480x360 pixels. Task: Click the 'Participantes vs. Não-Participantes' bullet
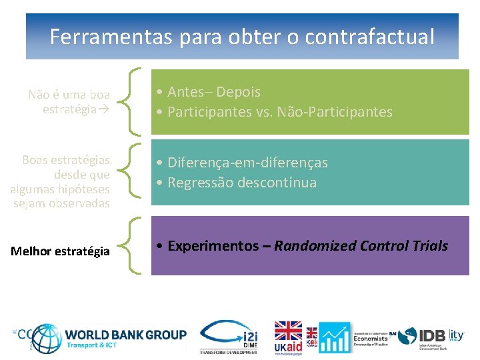click(280, 112)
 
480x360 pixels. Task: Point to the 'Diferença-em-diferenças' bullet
click(247, 163)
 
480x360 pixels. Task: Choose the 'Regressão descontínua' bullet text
click(242, 183)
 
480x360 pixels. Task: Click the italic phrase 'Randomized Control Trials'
click(361, 246)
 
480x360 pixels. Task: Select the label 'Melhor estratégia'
click(61, 251)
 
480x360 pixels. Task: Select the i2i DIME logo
click(229, 337)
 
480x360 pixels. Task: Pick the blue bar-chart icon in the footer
click(334, 337)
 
